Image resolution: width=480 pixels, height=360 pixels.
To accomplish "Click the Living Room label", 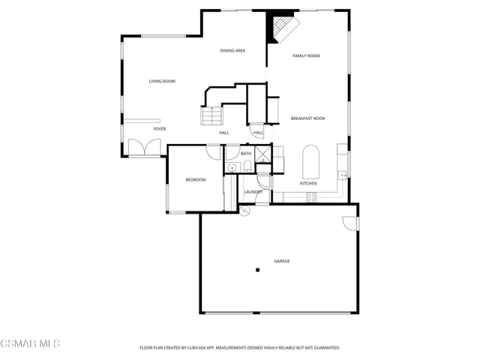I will click(x=162, y=81).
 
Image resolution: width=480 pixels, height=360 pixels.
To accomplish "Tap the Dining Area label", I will click(x=232, y=50).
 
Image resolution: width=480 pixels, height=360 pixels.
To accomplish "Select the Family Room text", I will click(x=306, y=55).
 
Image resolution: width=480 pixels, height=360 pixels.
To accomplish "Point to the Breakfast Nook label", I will click(x=307, y=118).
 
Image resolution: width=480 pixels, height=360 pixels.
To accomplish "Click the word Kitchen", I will click(x=308, y=183).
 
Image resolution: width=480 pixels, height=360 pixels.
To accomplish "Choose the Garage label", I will click(x=281, y=261).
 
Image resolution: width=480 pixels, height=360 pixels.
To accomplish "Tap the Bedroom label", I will click(x=196, y=179).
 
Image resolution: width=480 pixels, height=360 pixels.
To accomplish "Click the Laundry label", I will click(x=253, y=191).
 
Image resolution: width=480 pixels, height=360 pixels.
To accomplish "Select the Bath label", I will click(x=246, y=154).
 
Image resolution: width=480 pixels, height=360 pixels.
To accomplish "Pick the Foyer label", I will click(x=160, y=129).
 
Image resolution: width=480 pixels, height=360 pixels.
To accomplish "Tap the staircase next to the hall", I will click(x=212, y=117).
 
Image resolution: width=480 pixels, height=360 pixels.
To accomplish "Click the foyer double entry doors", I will click(x=140, y=147).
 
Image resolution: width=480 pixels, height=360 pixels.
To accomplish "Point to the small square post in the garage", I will click(x=256, y=269).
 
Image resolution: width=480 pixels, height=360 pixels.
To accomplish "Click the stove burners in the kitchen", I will click(x=311, y=197).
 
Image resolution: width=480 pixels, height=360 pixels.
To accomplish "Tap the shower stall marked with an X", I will click(x=262, y=155).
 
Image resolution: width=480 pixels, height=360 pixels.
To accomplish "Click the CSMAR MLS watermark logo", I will click(x=30, y=343).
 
